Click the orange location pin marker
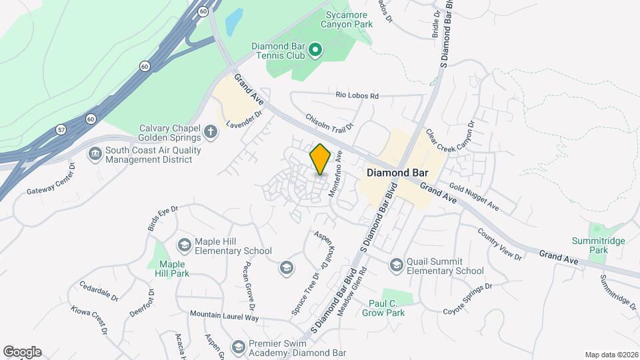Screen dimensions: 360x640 pos(321,159)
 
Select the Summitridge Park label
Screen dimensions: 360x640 pos(590,245)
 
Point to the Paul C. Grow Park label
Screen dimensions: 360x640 pos(387,307)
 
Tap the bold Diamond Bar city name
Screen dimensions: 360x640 pos(397,172)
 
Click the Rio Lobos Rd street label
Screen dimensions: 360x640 pos(357,96)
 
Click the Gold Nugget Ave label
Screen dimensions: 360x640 pos(473,197)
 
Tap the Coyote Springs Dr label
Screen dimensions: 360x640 pos(467,299)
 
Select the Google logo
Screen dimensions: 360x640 pos(22,351)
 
